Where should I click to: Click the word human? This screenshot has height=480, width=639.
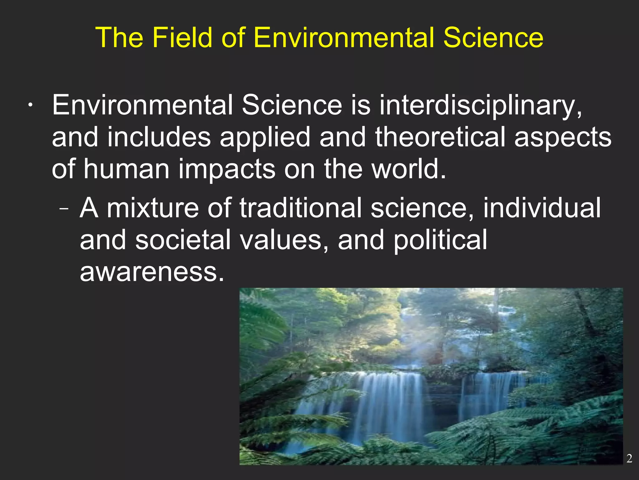(x=126, y=169)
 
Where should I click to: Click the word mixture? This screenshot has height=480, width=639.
(x=153, y=208)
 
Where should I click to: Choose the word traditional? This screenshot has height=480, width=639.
(x=300, y=208)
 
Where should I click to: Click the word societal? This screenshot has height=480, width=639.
(x=183, y=240)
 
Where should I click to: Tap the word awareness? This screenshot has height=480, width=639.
(x=152, y=272)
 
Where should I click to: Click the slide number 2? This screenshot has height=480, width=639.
(x=629, y=458)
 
